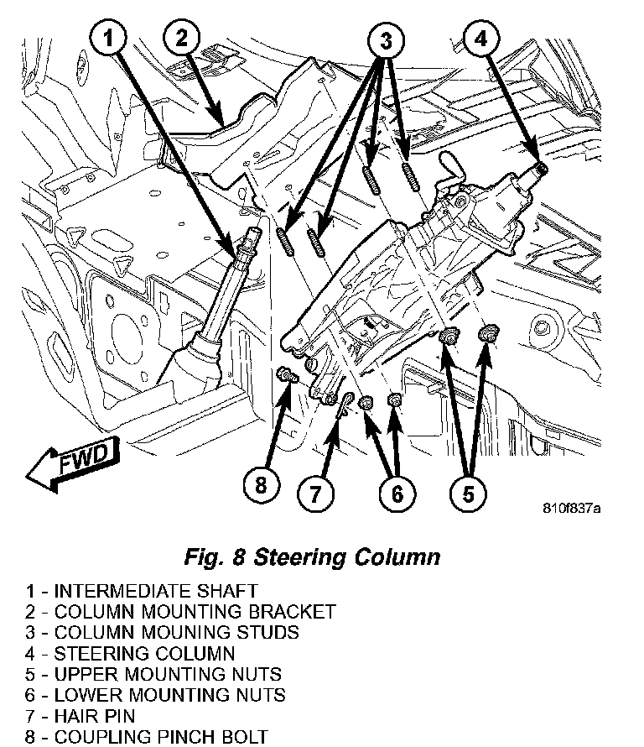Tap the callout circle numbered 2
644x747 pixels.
click(182, 38)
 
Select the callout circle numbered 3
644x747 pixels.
click(385, 39)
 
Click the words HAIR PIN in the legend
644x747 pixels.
click(94, 716)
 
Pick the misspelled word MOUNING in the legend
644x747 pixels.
click(163, 632)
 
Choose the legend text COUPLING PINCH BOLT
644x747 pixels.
click(160, 737)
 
